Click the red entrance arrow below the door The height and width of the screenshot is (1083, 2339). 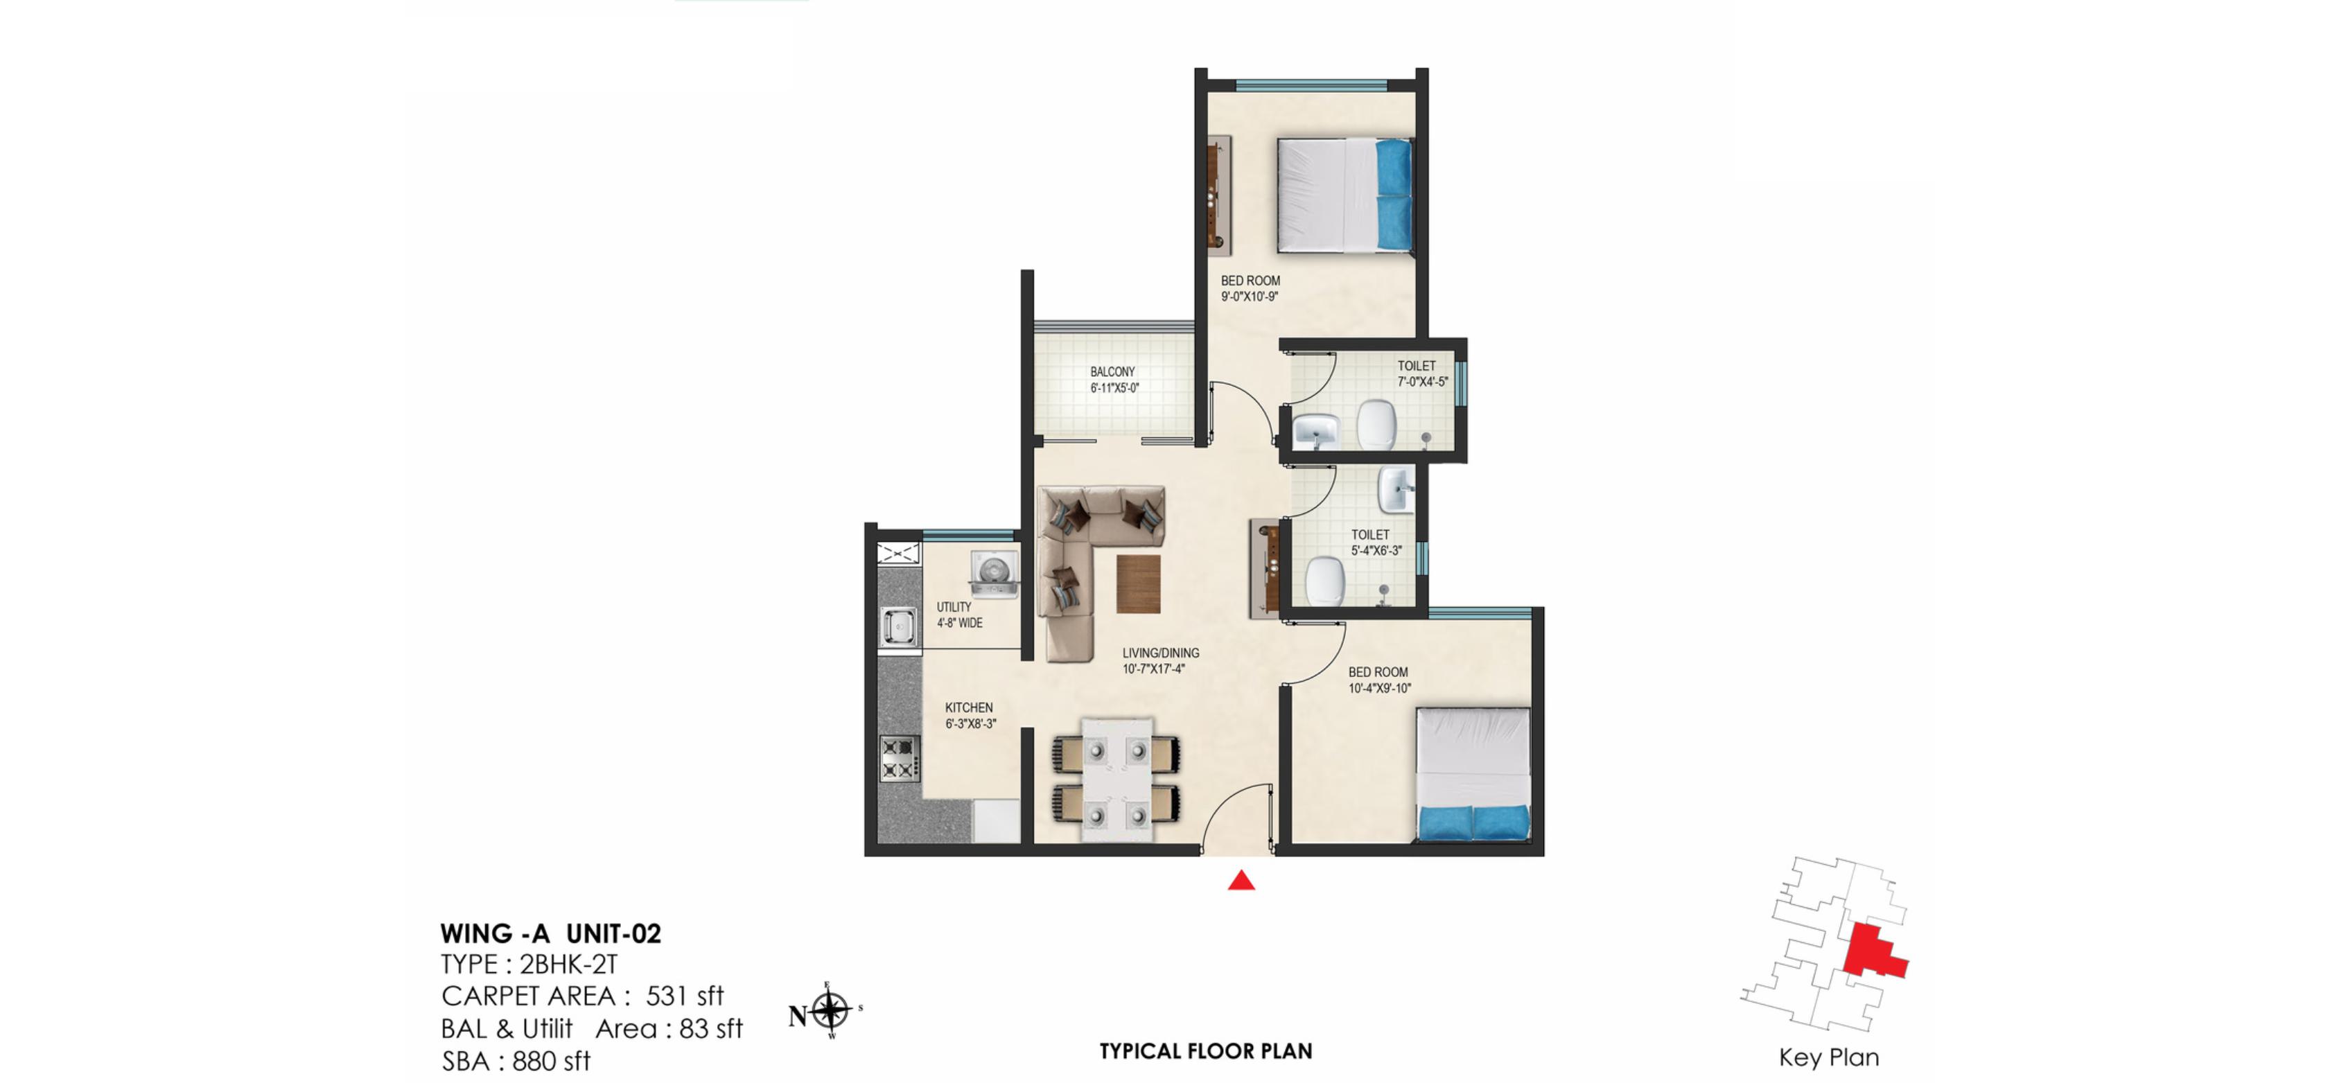[x=1241, y=880]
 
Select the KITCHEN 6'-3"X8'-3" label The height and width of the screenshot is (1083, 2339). [x=970, y=715]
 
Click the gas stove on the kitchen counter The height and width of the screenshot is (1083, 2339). [x=899, y=759]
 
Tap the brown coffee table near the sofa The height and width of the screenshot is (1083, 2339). [x=1138, y=583]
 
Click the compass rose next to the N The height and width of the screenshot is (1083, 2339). [x=829, y=1010]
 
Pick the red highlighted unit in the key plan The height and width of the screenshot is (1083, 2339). [x=1873, y=951]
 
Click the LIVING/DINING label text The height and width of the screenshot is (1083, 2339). [x=1159, y=660]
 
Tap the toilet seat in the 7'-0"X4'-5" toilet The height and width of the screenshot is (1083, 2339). [x=1376, y=424]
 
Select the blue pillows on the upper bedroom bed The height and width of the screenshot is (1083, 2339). [x=1393, y=194]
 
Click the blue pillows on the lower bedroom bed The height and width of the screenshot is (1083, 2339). [x=1473, y=822]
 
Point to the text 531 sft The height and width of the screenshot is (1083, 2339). [x=685, y=996]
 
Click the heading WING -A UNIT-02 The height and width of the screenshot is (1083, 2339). [x=550, y=934]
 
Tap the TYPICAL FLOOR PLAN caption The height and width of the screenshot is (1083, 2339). [x=1205, y=1051]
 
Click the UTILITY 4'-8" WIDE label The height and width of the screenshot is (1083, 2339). [x=959, y=615]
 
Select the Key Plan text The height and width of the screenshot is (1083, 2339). [x=1828, y=1057]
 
